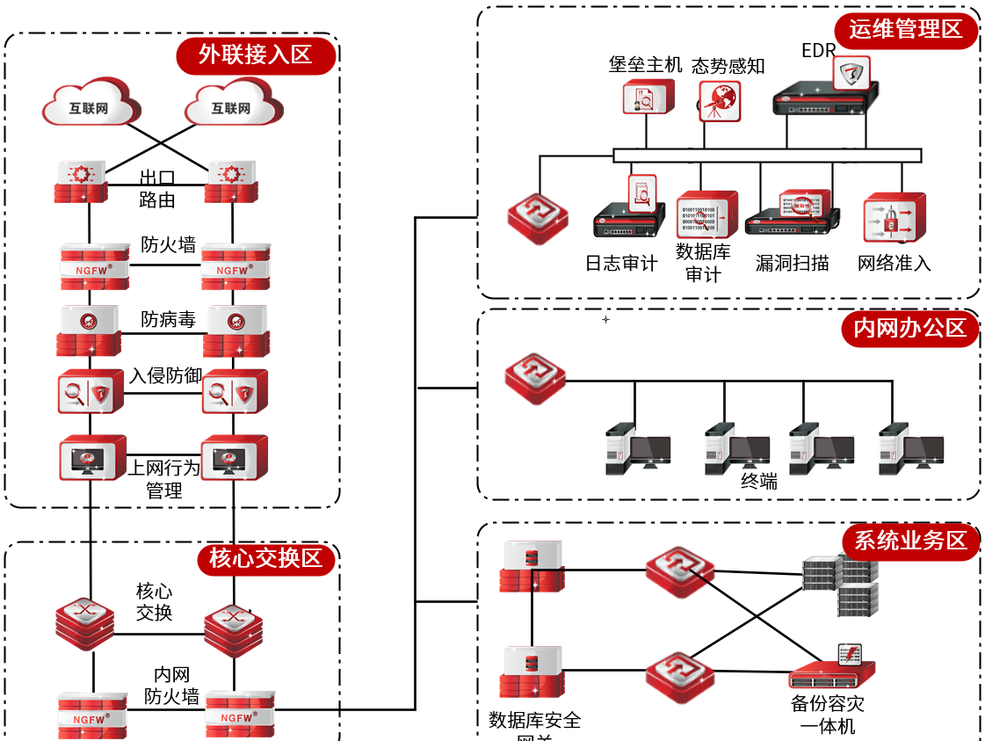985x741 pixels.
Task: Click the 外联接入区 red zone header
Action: click(x=256, y=55)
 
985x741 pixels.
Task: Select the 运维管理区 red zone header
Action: click(x=905, y=30)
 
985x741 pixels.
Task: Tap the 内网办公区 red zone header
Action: click(x=909, y=329)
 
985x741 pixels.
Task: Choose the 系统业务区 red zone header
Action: click(x=910, y=541)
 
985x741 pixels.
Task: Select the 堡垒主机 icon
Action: click(x=648, y=97)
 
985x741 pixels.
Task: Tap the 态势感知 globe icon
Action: click(x=720, y=100)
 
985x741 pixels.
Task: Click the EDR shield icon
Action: click(x=850, y=74)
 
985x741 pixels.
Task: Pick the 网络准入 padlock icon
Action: click(x=892, y=218)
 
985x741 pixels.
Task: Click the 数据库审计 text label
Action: click(x=703, y=263)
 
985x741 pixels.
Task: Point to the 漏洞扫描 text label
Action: click(x=792, y=263)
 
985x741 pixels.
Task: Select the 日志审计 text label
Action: click(x=621, y=263)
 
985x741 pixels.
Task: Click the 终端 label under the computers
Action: click(x=759, y=481)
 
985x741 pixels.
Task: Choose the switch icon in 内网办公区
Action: click(x=535, y=379)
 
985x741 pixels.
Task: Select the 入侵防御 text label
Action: click(x=166, y=375)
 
